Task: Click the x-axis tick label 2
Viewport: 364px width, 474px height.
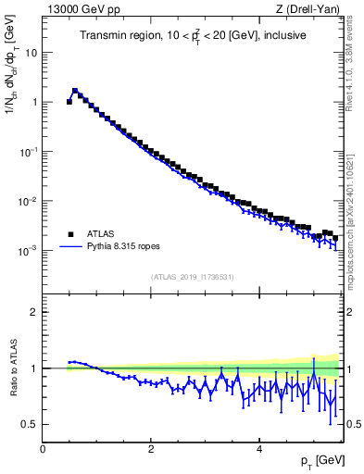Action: [x=151, y=449]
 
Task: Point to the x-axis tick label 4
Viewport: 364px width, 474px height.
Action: [x=258, y=449]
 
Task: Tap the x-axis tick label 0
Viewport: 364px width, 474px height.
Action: [x=44, y=449]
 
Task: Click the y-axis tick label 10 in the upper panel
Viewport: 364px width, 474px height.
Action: [x=31, y=53]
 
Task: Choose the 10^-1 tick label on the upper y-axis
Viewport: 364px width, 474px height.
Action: [x=27, y=151]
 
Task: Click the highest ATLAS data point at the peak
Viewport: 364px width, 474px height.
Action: [x=75, y=92]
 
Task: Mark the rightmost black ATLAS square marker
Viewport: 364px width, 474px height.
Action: [x=334, y=238]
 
